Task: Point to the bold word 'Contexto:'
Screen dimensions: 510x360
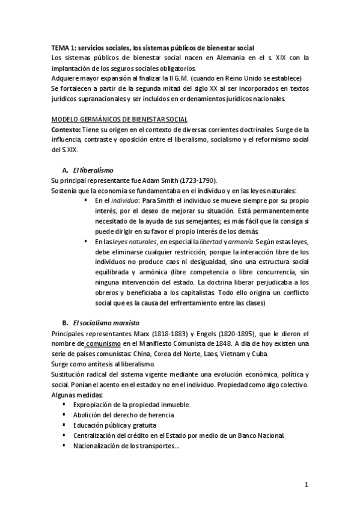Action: [65, 130]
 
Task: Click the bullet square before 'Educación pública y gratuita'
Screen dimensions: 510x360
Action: [64, 425]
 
